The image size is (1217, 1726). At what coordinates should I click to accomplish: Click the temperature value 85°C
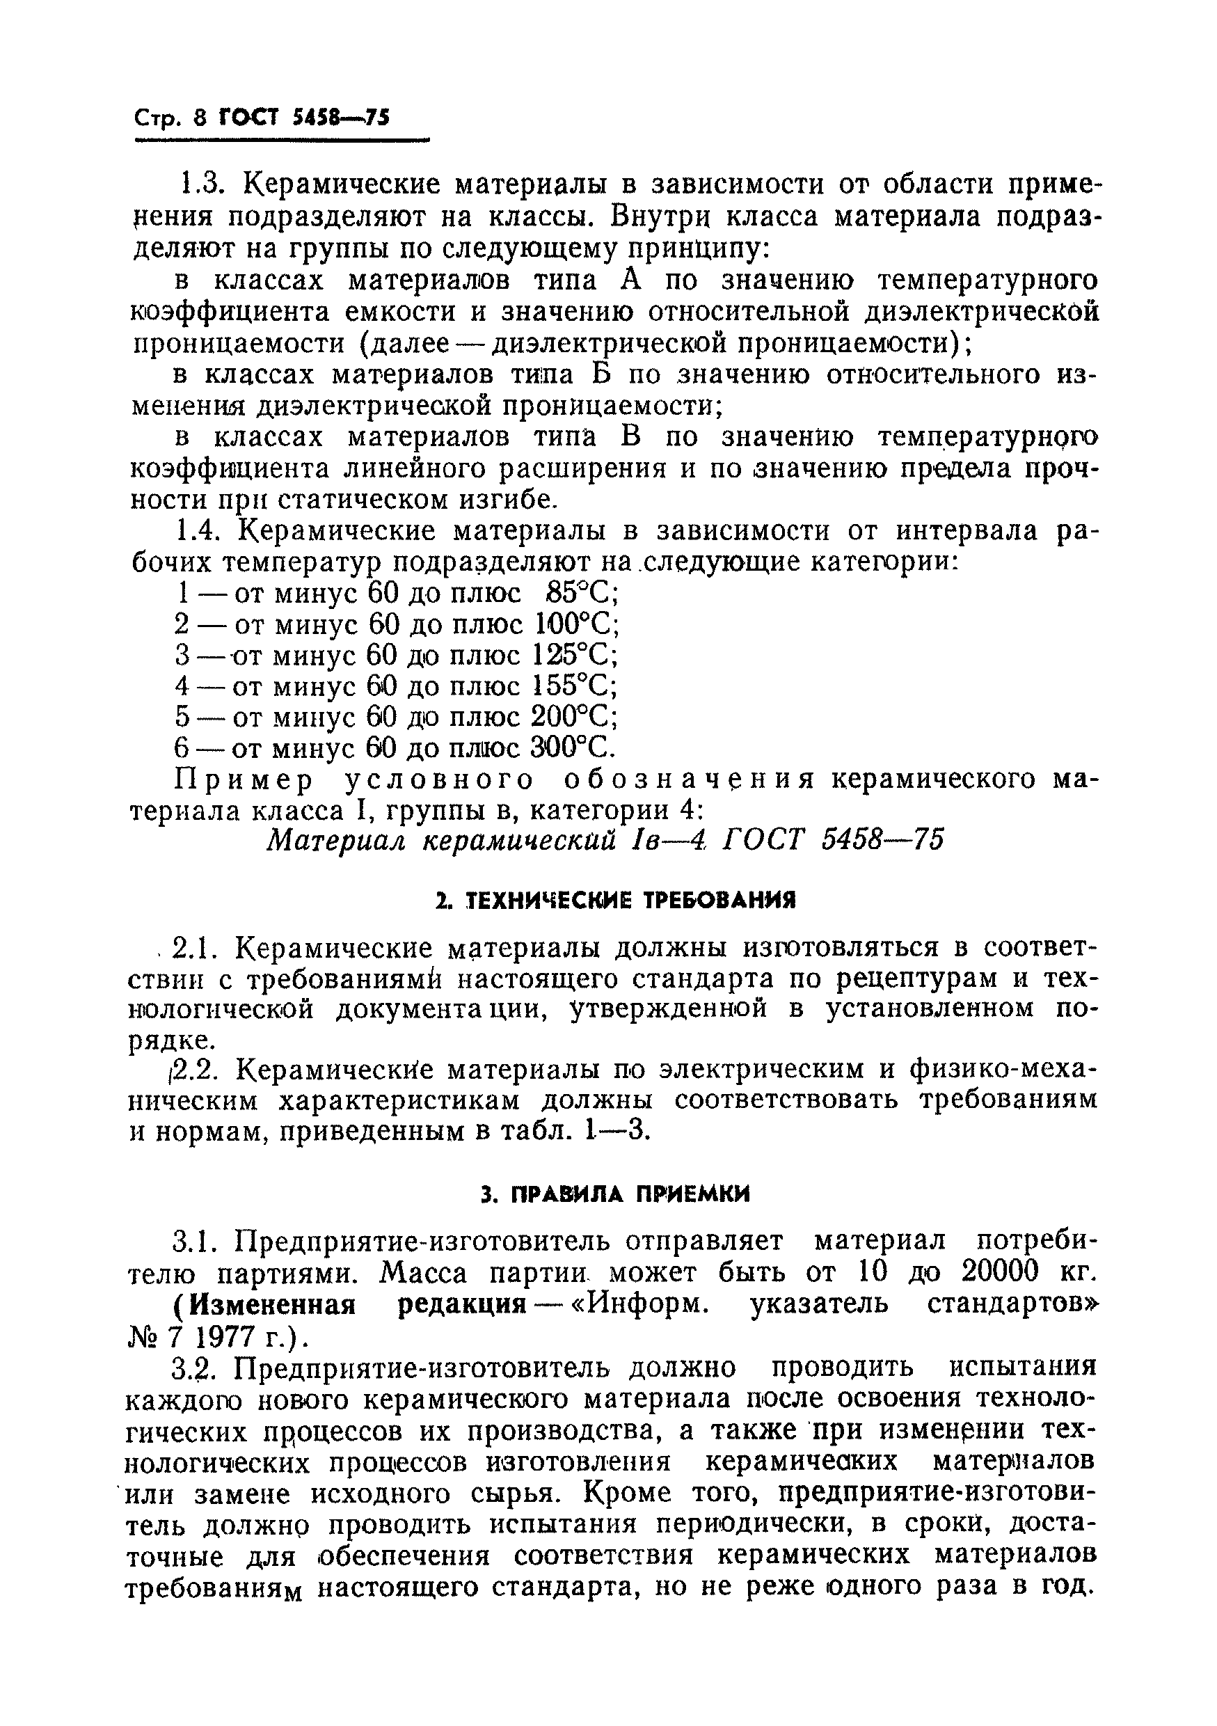pyautogui.click(x=582, y=594)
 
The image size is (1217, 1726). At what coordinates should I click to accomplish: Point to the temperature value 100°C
pyautogui.click(x=577, y=625)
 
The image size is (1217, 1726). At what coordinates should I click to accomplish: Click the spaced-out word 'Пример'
pyautogui.click(x=244, y=780)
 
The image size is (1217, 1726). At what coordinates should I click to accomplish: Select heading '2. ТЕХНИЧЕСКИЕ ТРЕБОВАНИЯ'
pyautogui.click(x=616, y=900)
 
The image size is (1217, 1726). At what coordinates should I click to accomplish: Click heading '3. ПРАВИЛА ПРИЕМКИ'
pyautogui.click(x=616, y=1194)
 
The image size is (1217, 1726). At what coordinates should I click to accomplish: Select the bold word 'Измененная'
pyautogui.click(x=271, y=1304)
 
